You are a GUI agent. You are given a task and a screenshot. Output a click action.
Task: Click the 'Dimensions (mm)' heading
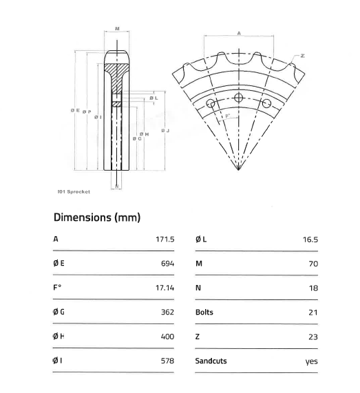pos(97,217)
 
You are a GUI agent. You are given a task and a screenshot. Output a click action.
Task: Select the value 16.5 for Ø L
pos(310,239)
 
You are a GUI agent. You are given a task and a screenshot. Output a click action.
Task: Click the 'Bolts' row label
pos(204,312)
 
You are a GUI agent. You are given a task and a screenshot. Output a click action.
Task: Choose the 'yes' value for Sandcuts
pos(312,361)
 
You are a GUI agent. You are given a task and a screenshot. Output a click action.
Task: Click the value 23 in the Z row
pos(314,337)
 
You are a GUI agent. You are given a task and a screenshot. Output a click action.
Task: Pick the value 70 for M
pos(314,263)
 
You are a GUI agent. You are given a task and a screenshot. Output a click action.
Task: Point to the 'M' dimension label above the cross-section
pos(117,29)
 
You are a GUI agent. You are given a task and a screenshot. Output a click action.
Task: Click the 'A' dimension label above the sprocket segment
pos(238,32)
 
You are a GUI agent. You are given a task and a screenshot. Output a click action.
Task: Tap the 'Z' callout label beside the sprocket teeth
pos(302,54)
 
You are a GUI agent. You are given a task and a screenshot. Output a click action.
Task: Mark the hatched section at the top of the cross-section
pos(117,70)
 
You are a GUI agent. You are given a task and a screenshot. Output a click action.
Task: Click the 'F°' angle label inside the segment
pos(226,117)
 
